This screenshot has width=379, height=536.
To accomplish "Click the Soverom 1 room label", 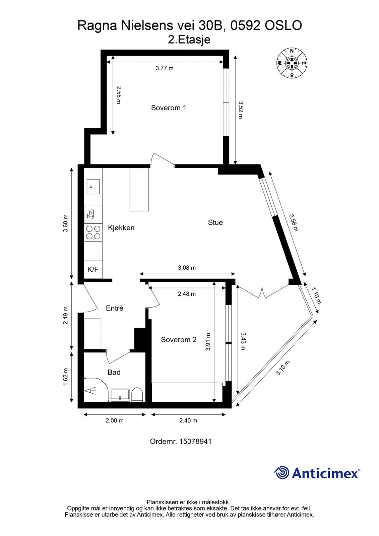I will pos(169,108).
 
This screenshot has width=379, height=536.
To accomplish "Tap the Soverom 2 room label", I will pos(179,340).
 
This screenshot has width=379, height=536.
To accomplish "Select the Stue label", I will pos(215,222).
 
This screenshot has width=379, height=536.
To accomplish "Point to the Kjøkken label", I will pos(121,228).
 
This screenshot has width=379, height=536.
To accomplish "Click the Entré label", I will pos(115,308).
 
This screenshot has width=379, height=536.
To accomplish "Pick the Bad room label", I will pos(114,373).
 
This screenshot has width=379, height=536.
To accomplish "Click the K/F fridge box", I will pos(93,269).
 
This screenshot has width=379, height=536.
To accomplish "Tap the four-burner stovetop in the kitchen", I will pos(93,232).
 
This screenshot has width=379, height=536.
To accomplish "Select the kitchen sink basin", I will pos(93,187).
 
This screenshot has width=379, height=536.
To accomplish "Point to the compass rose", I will pos(292,63).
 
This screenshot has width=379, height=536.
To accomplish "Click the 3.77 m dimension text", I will pos(165,68).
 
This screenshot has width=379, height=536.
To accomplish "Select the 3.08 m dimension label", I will pos(187,268).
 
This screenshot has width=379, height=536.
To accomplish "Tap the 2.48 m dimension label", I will pos(187,294).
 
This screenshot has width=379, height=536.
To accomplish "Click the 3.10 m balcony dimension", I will pos(282,368).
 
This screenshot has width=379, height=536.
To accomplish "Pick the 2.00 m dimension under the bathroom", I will pos(115,420).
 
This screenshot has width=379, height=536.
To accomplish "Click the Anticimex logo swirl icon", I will pos(281,473).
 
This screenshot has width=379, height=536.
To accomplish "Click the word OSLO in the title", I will pos(283,26).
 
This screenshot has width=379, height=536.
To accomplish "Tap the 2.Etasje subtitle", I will pos(189,40).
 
